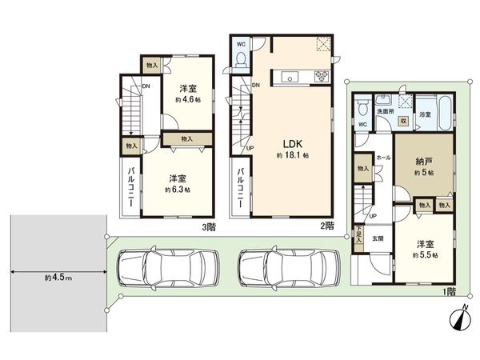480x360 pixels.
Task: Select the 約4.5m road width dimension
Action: coord(58,277)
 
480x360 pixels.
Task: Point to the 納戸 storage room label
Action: coord(425,161)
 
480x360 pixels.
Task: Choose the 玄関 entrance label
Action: coord(378,238)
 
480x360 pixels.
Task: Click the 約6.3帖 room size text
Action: coord(178,190)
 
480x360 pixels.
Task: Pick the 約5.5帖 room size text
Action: coord(425,254)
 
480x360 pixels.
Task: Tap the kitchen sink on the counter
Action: coord(288,78)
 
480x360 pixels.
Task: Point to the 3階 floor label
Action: coord(210,226)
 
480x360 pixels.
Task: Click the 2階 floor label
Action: coord(327,226)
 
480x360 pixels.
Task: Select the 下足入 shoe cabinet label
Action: coord(358,234)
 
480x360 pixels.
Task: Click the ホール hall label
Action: coord(382,158)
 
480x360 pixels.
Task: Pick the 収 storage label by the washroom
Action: coord(404,119)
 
